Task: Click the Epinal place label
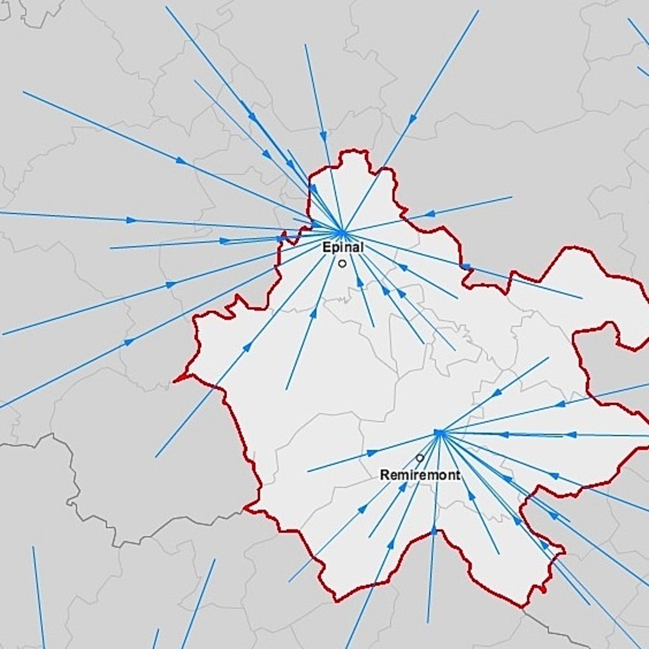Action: [x=343, y=248]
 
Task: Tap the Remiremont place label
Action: [x=420, y=475]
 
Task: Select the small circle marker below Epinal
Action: [x=342, y=263]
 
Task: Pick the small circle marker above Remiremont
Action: [x=420, y=458]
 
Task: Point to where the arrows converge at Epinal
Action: [x=342, y=233]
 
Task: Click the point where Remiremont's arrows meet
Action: [x=439, y=433]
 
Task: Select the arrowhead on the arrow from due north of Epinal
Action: [x=323, y=136]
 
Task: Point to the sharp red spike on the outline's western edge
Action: [x=175, y=379]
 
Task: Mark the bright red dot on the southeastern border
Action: [x=544, y=590]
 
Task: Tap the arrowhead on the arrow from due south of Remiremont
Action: [x=434, y=530]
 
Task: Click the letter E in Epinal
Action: [x=326, y=248]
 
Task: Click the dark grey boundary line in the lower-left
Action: [x=76, y=507]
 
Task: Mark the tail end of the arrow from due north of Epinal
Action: [x=305, y=45]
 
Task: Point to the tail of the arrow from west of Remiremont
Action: [x=308, y=472]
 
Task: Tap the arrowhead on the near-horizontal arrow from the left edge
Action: [x=132, y=220]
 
